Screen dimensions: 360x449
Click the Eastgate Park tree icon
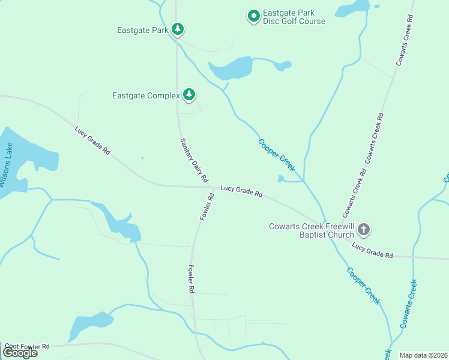(x=177, y=29)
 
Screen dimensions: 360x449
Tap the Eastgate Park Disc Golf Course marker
(x=254, y=16)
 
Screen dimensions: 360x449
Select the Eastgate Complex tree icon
(x=189, y=95)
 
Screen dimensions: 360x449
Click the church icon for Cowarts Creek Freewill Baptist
(x=364, y=229)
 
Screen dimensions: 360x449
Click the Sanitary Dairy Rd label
(x=194, y=160)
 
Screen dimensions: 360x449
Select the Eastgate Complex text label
(x=146, y=95)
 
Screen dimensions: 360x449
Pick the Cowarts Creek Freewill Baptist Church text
(x=312, y=230)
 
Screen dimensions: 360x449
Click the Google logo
(x=20, y=353)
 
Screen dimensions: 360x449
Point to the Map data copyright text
(x=423, y=355)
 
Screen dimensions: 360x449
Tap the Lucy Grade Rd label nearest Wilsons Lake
(x=92, y=141)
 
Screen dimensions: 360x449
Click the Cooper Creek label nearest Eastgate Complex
(x=276, y=155)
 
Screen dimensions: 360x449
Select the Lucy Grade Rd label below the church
(x=372, y=251)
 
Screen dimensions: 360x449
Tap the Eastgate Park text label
(x=143, y=29)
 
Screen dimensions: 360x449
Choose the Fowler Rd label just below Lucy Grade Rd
(x=207, y=206)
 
